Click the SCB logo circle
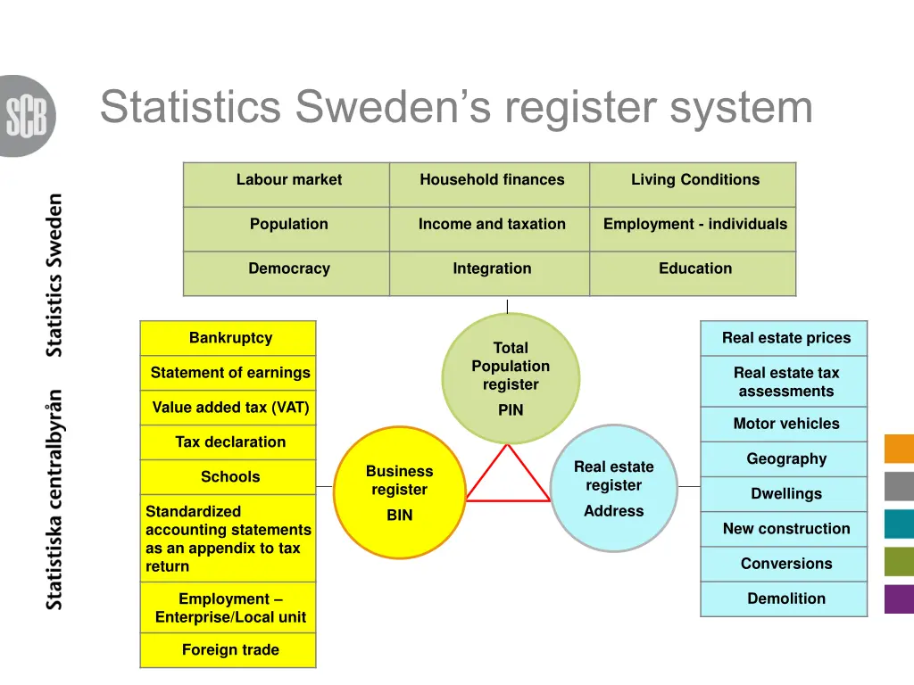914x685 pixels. point(27,116)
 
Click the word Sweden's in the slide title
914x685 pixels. point(394,107)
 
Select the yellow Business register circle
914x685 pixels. point(399,492)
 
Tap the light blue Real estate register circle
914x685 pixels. point(614,488)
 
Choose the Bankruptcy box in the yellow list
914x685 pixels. point(230,338)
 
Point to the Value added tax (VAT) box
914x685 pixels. point(230,408)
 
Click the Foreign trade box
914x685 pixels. point(230,650)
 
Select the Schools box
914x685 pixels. point(230,477)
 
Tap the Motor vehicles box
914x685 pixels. point(785,424)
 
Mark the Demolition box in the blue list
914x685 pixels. point(785,598)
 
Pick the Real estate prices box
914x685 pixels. point(785,338)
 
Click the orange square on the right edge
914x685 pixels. point(899,449)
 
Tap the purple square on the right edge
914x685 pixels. point(899,598)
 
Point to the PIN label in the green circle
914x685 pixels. point(511,410)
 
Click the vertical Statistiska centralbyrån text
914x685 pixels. point(55,499)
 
